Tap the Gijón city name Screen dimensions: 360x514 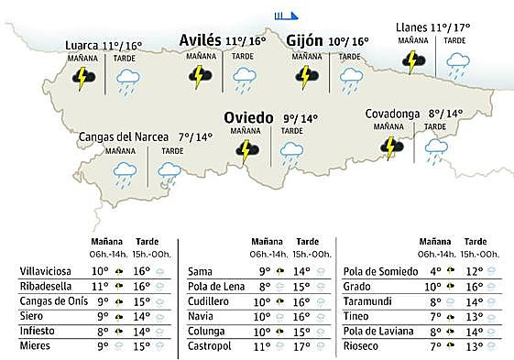tap(304, 40)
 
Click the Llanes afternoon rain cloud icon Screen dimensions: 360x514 tap(455, 62)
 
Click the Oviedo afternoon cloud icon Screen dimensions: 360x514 tap(291, 153)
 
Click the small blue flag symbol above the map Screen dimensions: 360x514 tap(286, 15)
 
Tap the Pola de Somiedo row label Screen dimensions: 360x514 tap(377, 271)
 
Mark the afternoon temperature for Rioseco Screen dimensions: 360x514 tap(475, 347)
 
